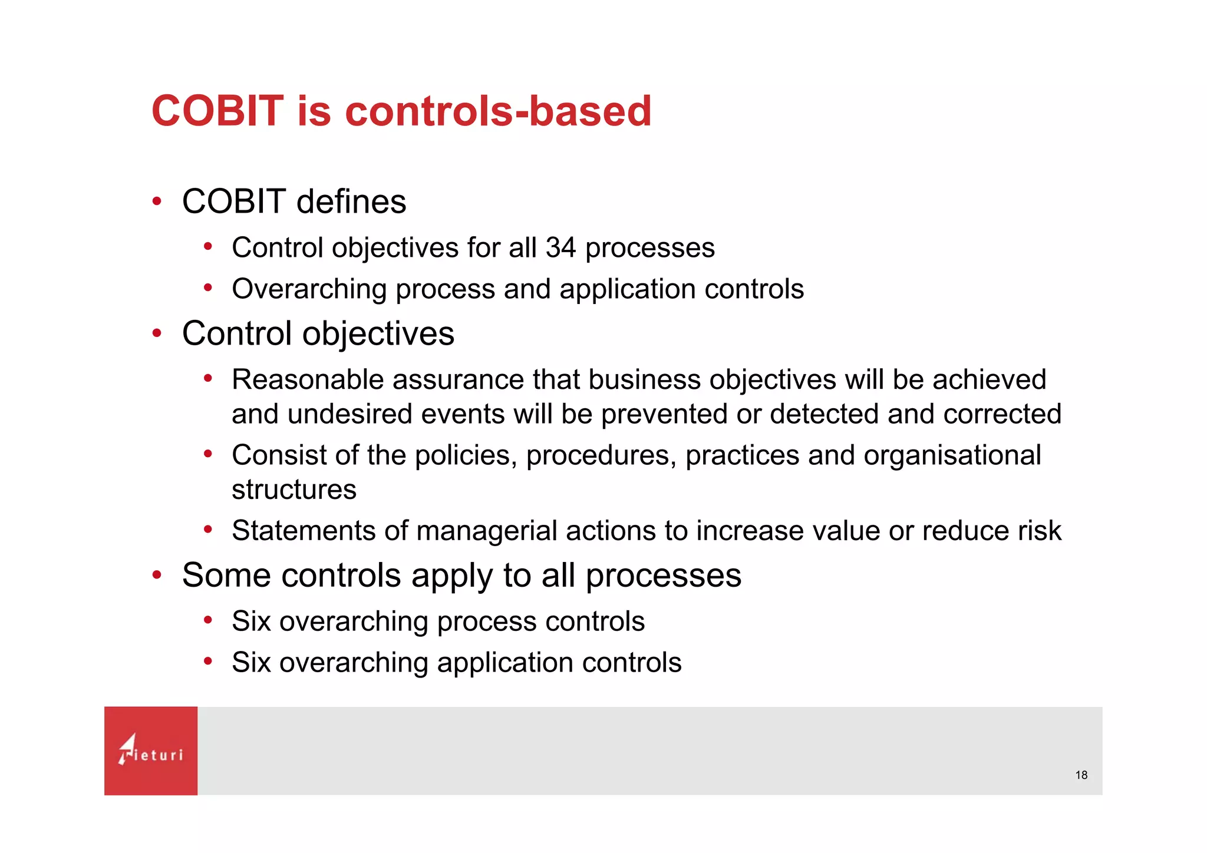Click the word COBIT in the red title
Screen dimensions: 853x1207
tap(217, 111)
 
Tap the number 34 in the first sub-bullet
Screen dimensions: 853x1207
tap(560, 247)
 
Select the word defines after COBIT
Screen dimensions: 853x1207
tap(351, 201)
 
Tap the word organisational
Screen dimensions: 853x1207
tap(952, 455)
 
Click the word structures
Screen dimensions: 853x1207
tap(294, 490)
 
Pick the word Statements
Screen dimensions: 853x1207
tap(303, 531)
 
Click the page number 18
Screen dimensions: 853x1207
tap(1081, 775)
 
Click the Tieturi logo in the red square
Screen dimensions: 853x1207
tap(151, 750)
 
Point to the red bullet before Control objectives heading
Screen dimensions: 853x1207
tap(157, 333)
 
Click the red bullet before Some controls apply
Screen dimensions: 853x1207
tap(157, 575)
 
